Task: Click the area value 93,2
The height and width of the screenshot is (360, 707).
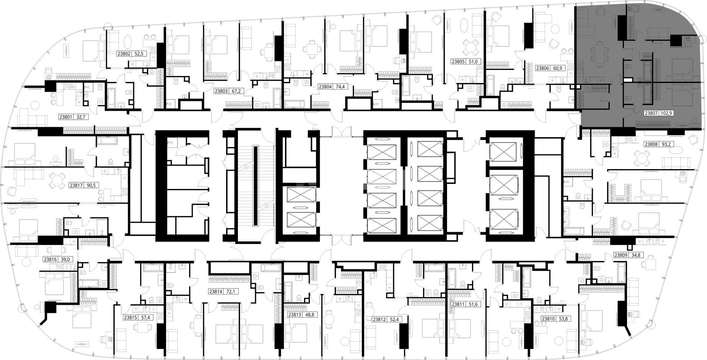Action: click(x=666, y=144)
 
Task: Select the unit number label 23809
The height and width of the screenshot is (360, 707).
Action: click(x=621, y=255)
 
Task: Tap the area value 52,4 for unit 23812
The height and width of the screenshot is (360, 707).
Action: click(x=395, y=319)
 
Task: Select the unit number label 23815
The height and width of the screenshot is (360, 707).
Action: click(x=131, y=318)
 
